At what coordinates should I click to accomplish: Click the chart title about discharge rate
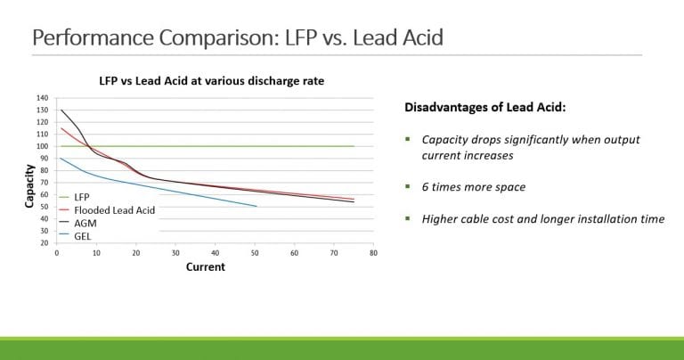(211, 80)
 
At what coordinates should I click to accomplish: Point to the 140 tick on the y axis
(42, 98)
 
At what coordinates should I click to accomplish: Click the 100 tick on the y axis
(42, 146)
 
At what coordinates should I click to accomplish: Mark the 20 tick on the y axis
(44, 242)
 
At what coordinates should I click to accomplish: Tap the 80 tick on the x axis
(373, 253)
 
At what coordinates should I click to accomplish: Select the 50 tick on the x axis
(255, 253)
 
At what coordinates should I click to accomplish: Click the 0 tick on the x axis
(57, 253)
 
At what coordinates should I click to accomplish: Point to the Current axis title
(206, 266)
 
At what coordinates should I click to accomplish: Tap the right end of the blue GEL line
(256, 207)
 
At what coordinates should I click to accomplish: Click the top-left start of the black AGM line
(61, 110)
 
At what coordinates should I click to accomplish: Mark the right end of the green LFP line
(354, 146)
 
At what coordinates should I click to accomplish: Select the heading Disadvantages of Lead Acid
(486, 108)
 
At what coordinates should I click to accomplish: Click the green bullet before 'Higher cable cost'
(407, 218)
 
